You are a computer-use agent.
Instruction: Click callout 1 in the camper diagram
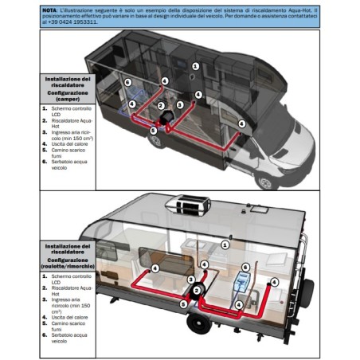[194, 65]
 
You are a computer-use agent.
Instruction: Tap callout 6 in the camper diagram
[127, 83]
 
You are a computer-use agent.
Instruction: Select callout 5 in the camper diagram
[154, 130]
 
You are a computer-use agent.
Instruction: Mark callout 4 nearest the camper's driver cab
[241, 123]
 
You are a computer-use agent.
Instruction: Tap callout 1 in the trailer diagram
[225, 245]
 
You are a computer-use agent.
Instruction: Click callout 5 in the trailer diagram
[184, 303]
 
